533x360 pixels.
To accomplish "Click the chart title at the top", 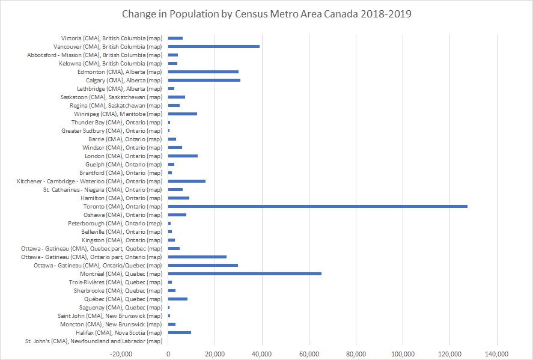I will (x=267, y=13).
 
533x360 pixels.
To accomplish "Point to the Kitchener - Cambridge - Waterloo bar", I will (x=186, y=181).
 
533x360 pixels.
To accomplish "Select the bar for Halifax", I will (x=179, y=332).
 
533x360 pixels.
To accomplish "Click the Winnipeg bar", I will (x=182, y=114).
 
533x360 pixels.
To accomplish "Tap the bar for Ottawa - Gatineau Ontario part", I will (x=197, y=257).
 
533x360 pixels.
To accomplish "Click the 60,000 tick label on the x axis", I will (x=309, y=353).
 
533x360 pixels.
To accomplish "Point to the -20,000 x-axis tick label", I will (x=121, y=353).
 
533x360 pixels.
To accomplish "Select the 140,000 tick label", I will (x=496, y=353).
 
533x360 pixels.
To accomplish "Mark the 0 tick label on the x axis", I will (x=168, y=353).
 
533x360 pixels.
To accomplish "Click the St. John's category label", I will (x=93, y=341).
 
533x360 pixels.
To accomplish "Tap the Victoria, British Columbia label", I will (x=112, y=38).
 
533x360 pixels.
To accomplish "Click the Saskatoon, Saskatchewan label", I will (x=111, y=97).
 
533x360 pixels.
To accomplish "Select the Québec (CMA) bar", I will (x=177, y=299).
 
